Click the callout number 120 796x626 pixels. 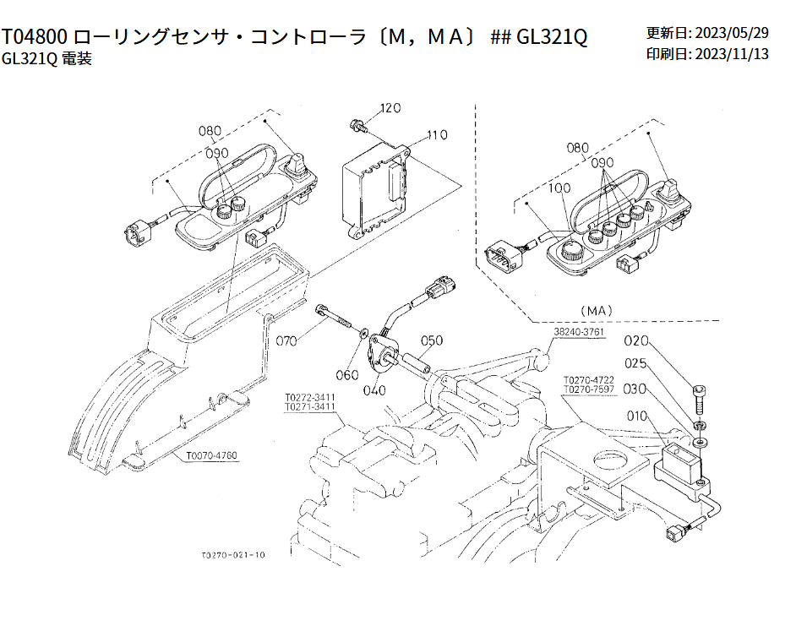390,108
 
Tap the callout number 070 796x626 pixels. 287,341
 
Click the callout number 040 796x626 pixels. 373,390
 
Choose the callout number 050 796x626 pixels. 432,341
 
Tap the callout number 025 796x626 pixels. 636,364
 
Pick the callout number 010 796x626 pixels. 640,416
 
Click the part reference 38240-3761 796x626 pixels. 580,333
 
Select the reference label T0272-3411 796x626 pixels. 310,396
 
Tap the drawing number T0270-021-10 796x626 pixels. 233,555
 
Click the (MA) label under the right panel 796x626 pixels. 597,310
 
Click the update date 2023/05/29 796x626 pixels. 731,33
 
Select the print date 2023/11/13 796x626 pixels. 731,54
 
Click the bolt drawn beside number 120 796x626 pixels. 357,127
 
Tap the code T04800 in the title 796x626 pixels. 35,37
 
